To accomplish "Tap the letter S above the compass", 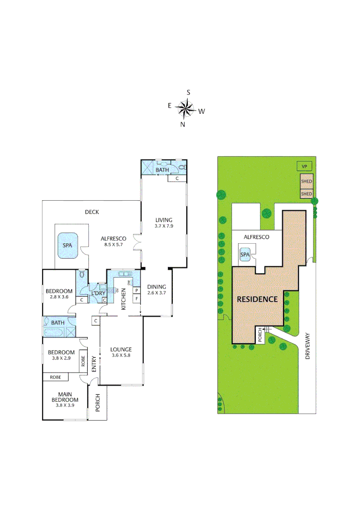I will tap(188, 93).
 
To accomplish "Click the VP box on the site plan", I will tap(304, 167).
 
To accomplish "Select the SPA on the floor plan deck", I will tap(68, 246).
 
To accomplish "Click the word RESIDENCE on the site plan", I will tap(257, 299).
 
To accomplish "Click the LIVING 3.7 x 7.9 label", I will tap(164, 223).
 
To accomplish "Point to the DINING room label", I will tap(156, 289).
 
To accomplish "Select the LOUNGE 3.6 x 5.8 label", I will tap(121, 352).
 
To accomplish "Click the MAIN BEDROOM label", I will tap(65, 399).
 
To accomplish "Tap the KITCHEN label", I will tap(124, 300).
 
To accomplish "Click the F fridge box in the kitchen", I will tap(137, 299).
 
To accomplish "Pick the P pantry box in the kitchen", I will tap(137, 290).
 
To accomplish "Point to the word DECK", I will tap(92, 212).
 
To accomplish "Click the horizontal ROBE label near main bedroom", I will tap(55, 377).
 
